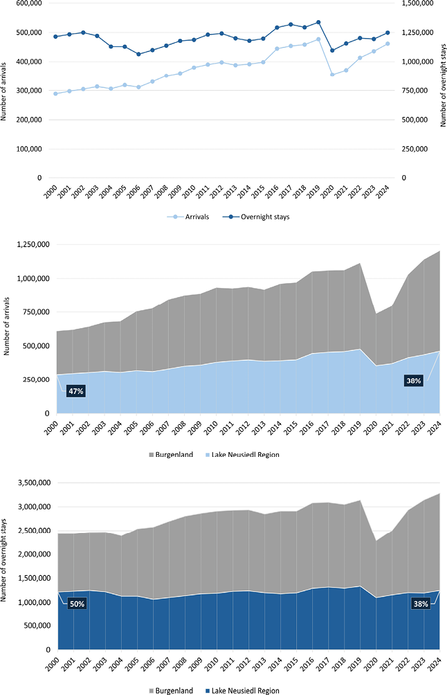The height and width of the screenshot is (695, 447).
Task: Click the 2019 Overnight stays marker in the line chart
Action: tap(318, 22)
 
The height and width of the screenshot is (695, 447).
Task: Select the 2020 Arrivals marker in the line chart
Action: tap(332, 75)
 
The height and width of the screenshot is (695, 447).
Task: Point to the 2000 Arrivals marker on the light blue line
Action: tap(55, 93)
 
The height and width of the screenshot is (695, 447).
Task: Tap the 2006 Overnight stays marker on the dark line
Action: tap(138, 54)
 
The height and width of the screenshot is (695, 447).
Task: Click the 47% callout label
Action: tap(75, 391)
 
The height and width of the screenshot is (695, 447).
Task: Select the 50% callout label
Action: tap(76, 604)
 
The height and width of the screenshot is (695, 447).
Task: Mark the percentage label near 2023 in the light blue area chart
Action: tap(413, 381)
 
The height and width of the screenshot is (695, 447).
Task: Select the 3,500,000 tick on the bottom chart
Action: tap(33, 482)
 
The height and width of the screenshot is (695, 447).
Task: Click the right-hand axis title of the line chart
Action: tap(441, 90)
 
